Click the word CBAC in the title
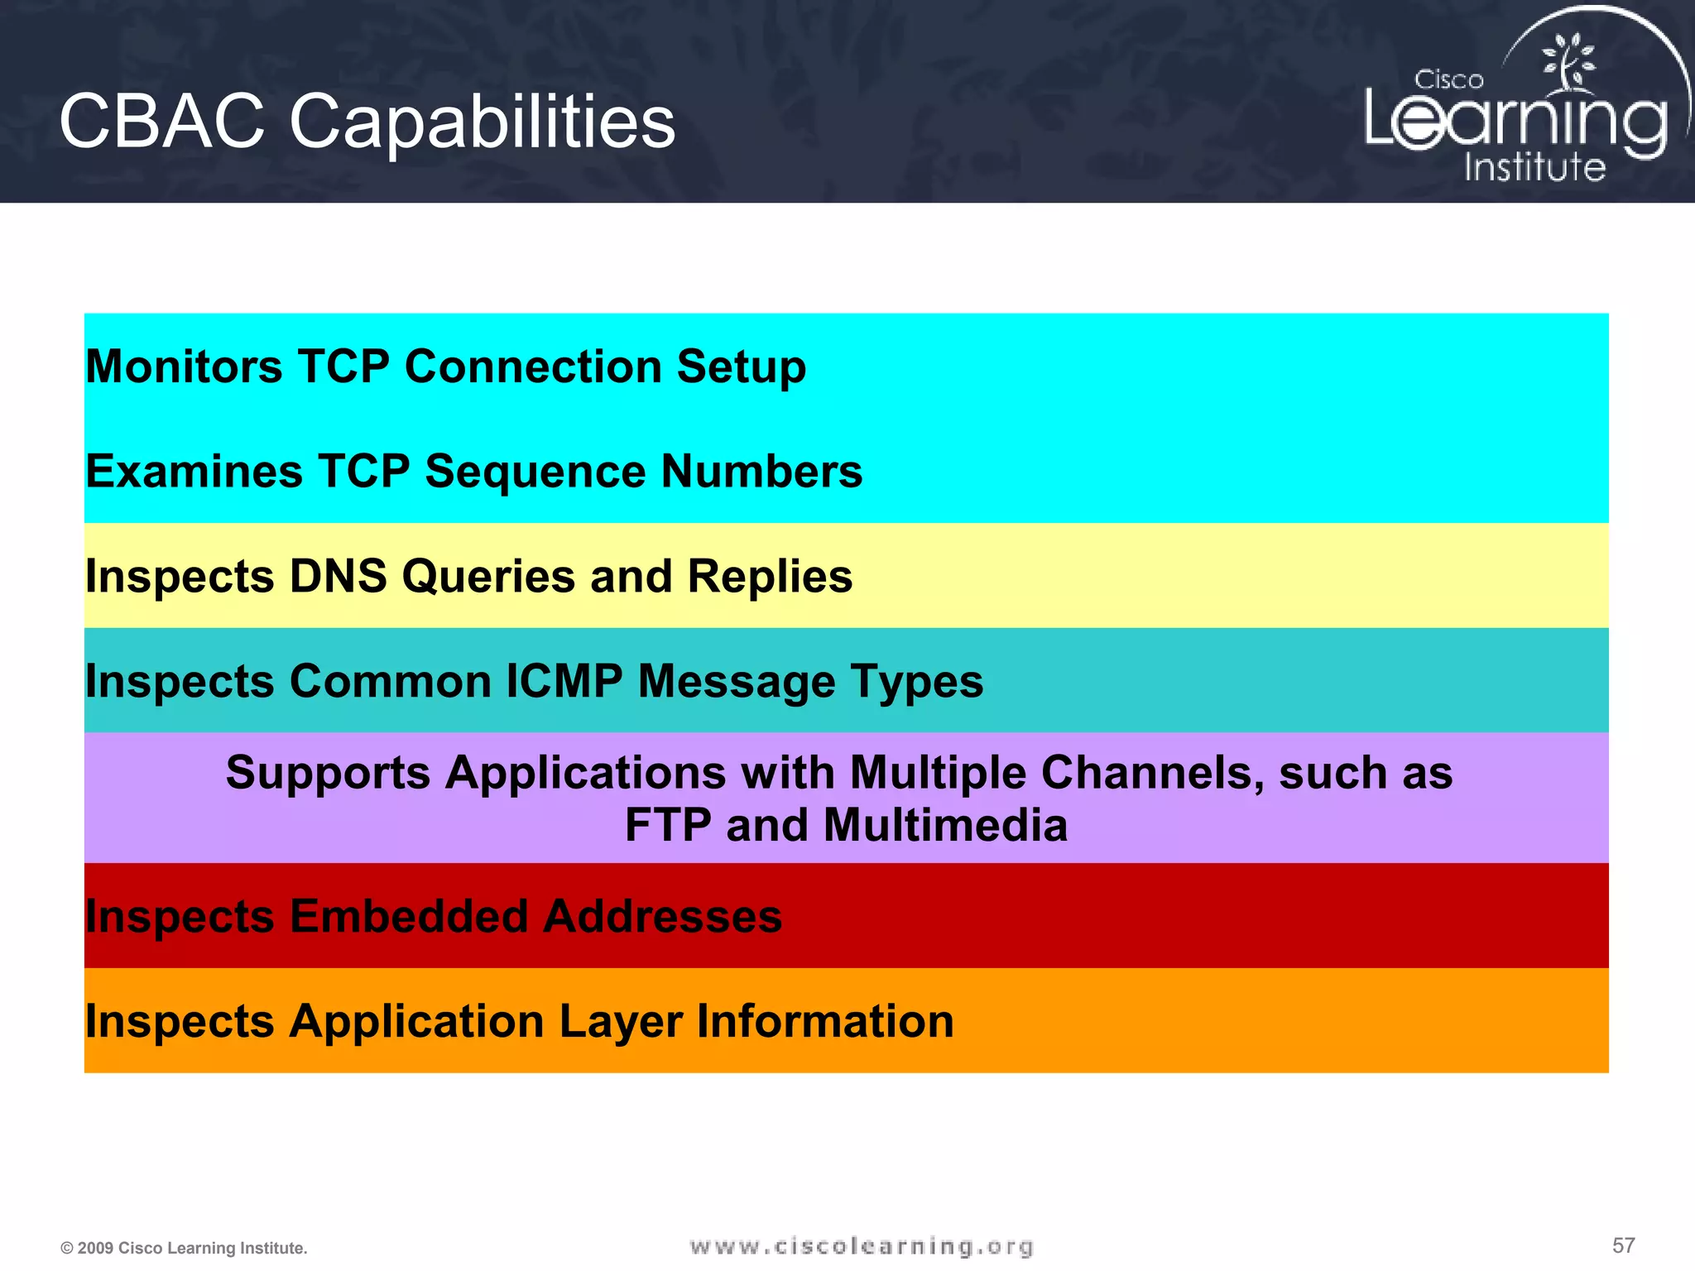[x=162, y=122]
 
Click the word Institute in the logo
[x=1534, y=166]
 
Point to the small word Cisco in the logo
[x=1448, y=80]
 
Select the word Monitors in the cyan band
[x=184, y=366]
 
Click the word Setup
[x=741, y=367]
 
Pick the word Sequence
[x=535, y=472]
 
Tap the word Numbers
[x=761, y=472]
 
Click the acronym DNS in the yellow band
[x=338, y=576]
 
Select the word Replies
[x=770, y=578]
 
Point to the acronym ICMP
[x=564, y=681]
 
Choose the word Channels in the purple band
[x=1151, y=773]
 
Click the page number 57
[x=1623, y=1245]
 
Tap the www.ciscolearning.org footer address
[x=862, y=1246]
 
